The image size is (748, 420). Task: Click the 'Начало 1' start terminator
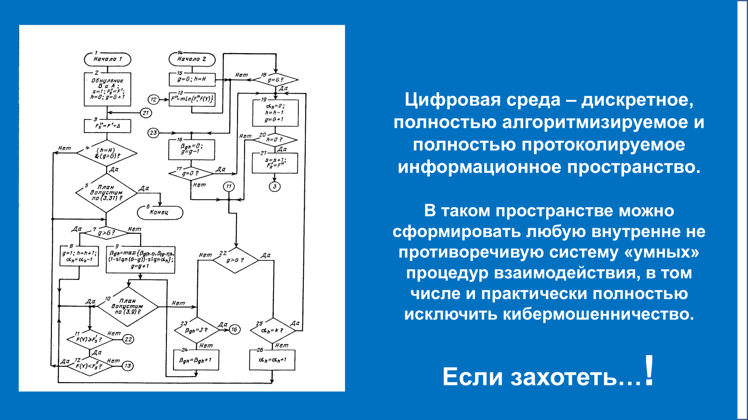[x=108, y=59]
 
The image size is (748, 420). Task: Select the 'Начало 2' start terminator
[x=192, y=59]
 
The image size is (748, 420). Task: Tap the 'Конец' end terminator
[x=160, y=212]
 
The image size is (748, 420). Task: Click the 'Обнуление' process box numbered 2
[x=108, y=89]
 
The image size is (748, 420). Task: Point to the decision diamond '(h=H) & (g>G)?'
[x=107, y=153]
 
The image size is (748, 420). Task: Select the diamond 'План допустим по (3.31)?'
[x=106, y=193]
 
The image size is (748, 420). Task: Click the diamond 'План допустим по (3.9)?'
[x=127, y=307]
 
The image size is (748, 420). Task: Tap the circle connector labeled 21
[x=146, y=113]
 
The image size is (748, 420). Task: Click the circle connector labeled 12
[x=153, y=99]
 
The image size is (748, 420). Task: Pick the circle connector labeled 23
[x=153, y=133]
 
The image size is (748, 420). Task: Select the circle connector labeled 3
[x=274, y=187]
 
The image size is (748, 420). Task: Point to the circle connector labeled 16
[x=234, y=329]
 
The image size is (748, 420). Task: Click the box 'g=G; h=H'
[x=192, y=79]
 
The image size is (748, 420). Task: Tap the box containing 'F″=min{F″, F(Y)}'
[x=192, y=99]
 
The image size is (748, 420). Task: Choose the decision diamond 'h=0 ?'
[x=274, y=140]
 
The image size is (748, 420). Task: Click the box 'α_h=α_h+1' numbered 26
[x=272, y=360]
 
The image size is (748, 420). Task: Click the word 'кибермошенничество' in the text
[x=598, y=314]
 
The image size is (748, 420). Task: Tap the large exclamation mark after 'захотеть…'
[x=648, y=371]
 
